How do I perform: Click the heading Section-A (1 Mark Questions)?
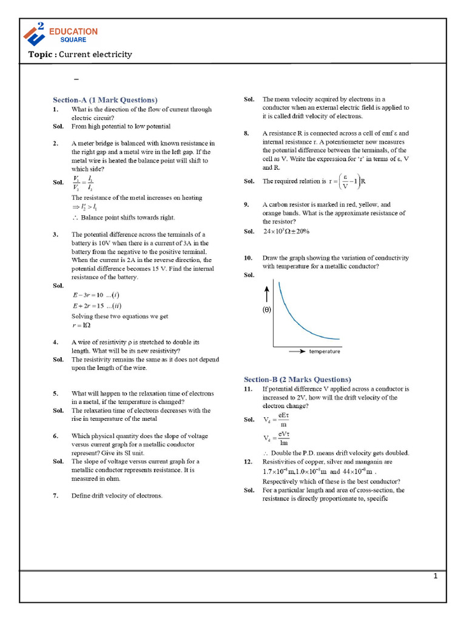click(105, 99)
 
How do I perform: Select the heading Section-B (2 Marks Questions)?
click(297, 379)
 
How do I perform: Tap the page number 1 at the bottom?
click(435, 576)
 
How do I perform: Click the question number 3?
click(55, 234)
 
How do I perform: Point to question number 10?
click(248, 258)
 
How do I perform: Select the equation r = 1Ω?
click(81, 325)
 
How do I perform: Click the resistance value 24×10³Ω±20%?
click(286, 231)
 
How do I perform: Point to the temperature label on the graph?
click(325, 351)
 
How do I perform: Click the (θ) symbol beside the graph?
click(266, 309)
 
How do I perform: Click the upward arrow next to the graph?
click(266, 294)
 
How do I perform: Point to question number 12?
click(248, 462)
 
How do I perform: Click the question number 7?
click(55, 495)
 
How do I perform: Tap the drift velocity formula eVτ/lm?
click(277, 439)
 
